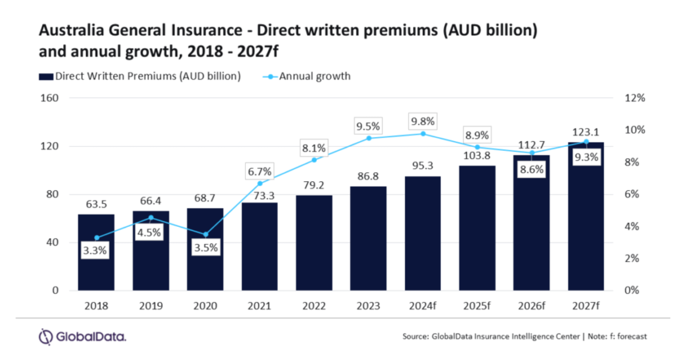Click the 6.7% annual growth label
260,170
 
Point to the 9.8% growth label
422,121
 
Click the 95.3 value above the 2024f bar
422,166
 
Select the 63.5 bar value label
96,203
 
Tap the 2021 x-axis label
260,306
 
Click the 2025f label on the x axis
477,306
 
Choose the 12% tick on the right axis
635,98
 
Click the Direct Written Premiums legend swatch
45,76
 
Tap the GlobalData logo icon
45,337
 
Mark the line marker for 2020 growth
205,235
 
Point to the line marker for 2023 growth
368,138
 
